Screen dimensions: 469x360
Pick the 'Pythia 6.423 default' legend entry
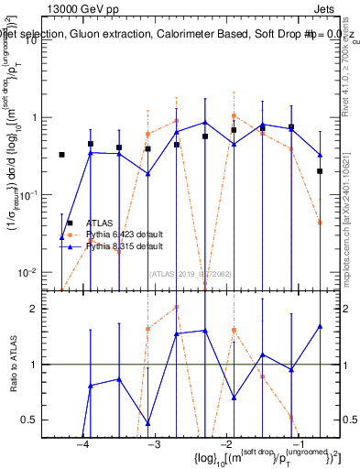coord(125,234)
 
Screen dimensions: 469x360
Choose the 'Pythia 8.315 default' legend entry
coord(125,246)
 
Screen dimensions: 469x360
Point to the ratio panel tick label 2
coord(41,309)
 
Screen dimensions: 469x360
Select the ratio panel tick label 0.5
coord(38,420)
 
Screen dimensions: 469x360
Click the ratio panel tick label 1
coord(41,365)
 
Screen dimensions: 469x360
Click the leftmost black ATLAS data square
coord(62,155)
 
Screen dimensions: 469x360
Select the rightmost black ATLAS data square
coord(320,171)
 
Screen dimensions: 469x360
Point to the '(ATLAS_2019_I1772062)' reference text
coord(191,272)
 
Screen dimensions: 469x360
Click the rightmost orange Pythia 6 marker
coord(320,223)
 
